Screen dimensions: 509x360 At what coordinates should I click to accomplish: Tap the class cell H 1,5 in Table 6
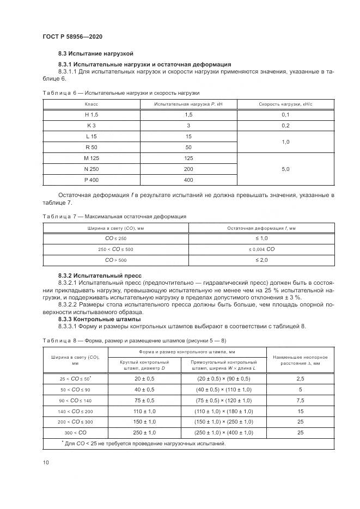[91, 114]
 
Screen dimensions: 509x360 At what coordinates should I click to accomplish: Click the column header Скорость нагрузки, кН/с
[285, 103]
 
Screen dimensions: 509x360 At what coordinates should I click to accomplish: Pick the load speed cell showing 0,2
[285, 125]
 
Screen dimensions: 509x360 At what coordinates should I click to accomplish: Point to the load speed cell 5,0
[285, 169]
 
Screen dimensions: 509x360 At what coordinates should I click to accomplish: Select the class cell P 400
[91, 180]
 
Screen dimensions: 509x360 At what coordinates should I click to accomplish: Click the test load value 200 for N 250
[188, 169]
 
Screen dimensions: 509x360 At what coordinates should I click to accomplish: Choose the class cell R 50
[91, 147]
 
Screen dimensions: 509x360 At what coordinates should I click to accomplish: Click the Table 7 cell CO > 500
[115, 260]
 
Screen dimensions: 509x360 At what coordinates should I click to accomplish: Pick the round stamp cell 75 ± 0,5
[144, 400]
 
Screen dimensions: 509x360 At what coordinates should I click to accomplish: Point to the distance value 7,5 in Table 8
[300, 400]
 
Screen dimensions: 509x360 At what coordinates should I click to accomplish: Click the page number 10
[46, 462]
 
